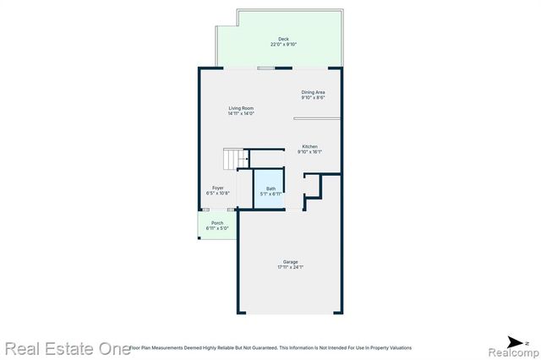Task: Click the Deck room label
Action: [x=284, y=39]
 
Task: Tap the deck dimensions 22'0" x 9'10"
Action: [x=284, y=45]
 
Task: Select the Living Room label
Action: [x=241, y=108]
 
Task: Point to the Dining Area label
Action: [x=314, y=92]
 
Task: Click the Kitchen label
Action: [x=309, y=146]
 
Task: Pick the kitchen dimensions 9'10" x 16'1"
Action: [x=309, y=152]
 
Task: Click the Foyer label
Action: [x=218, y=188]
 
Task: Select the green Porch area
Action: [x=217, y=226]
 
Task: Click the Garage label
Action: [x=290, y=262]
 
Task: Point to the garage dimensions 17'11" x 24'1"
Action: [x=290, y=268]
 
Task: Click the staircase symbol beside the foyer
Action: [x=234, y=158]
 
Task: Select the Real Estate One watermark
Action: [x=62, y=347]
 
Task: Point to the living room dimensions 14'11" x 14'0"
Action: [x=241, y=114]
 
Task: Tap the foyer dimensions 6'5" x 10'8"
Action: [x=218, y=194]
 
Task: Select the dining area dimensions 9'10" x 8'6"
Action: [x=314, y=98]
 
